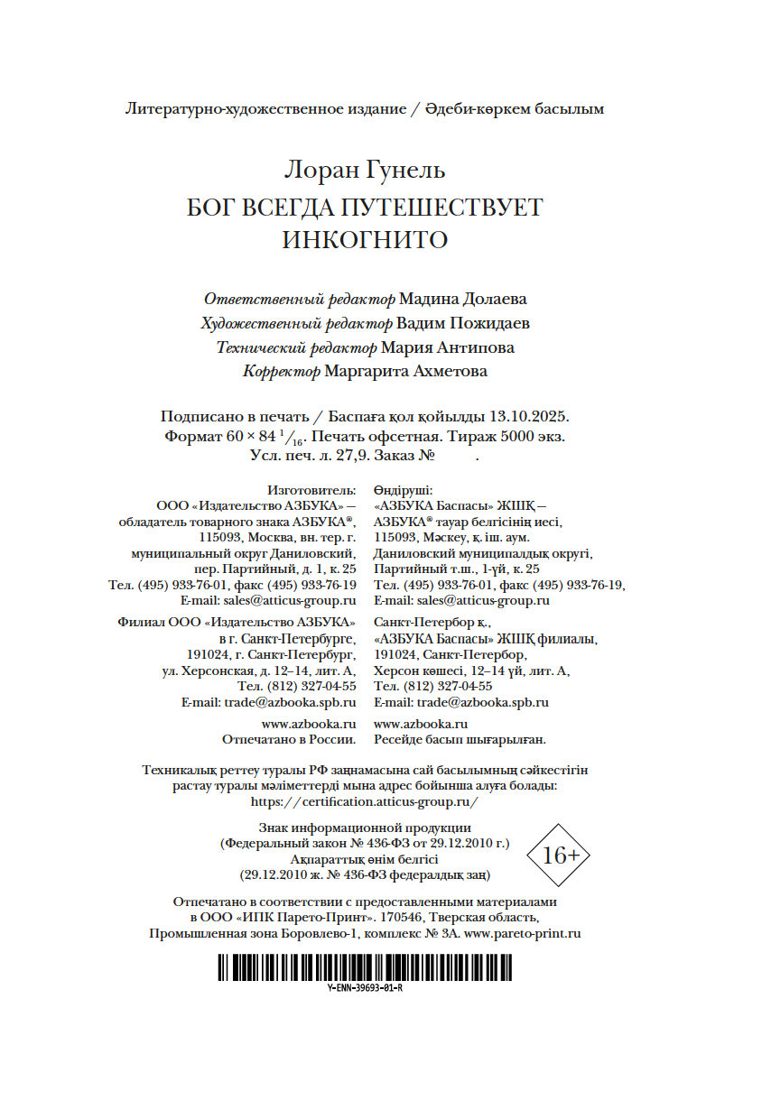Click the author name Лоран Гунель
tap(365, 170)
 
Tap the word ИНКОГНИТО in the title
tap(365, 241)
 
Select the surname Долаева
tap(494, 299)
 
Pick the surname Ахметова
tap(446, 371)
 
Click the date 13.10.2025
tap(527, 417)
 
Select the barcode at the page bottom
tap(365, 968)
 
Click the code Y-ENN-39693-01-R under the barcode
tap(365, 987)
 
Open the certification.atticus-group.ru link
tap(365, 801)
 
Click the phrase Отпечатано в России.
tap(289, 740)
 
